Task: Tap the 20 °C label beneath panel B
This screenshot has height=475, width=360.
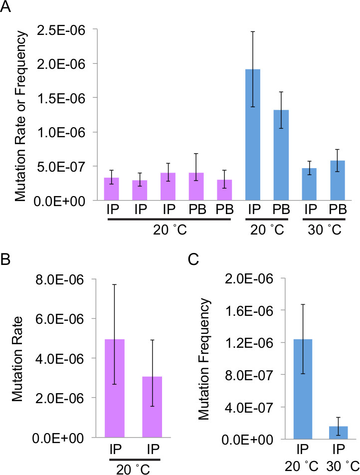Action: point(133,469)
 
